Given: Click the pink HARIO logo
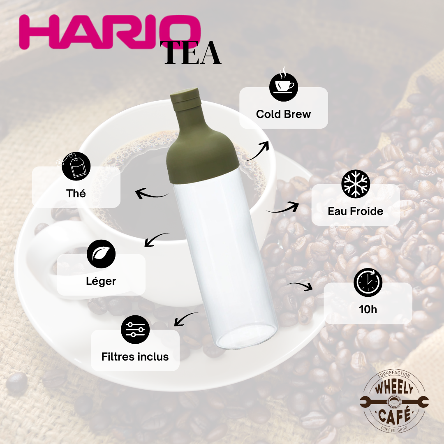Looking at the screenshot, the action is coord(110,32).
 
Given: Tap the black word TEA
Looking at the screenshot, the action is coord(192,53).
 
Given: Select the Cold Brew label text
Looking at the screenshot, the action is coord(283,114).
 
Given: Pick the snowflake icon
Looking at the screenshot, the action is coord(356,184).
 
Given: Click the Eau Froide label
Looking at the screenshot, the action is coord(356,211).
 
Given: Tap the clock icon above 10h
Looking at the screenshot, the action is coord(368,282).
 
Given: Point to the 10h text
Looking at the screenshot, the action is coord(368,310).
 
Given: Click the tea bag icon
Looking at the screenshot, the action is coord(75,166).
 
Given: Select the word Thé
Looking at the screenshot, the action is coord(76,193).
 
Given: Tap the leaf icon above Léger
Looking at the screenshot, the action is coord(101,254).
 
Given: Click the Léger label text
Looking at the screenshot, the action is coord(101,281).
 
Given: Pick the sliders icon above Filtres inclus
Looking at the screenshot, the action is coord(135,330).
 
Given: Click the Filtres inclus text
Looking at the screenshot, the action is coord(135,357).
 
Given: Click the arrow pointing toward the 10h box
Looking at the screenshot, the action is coord(301,285).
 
